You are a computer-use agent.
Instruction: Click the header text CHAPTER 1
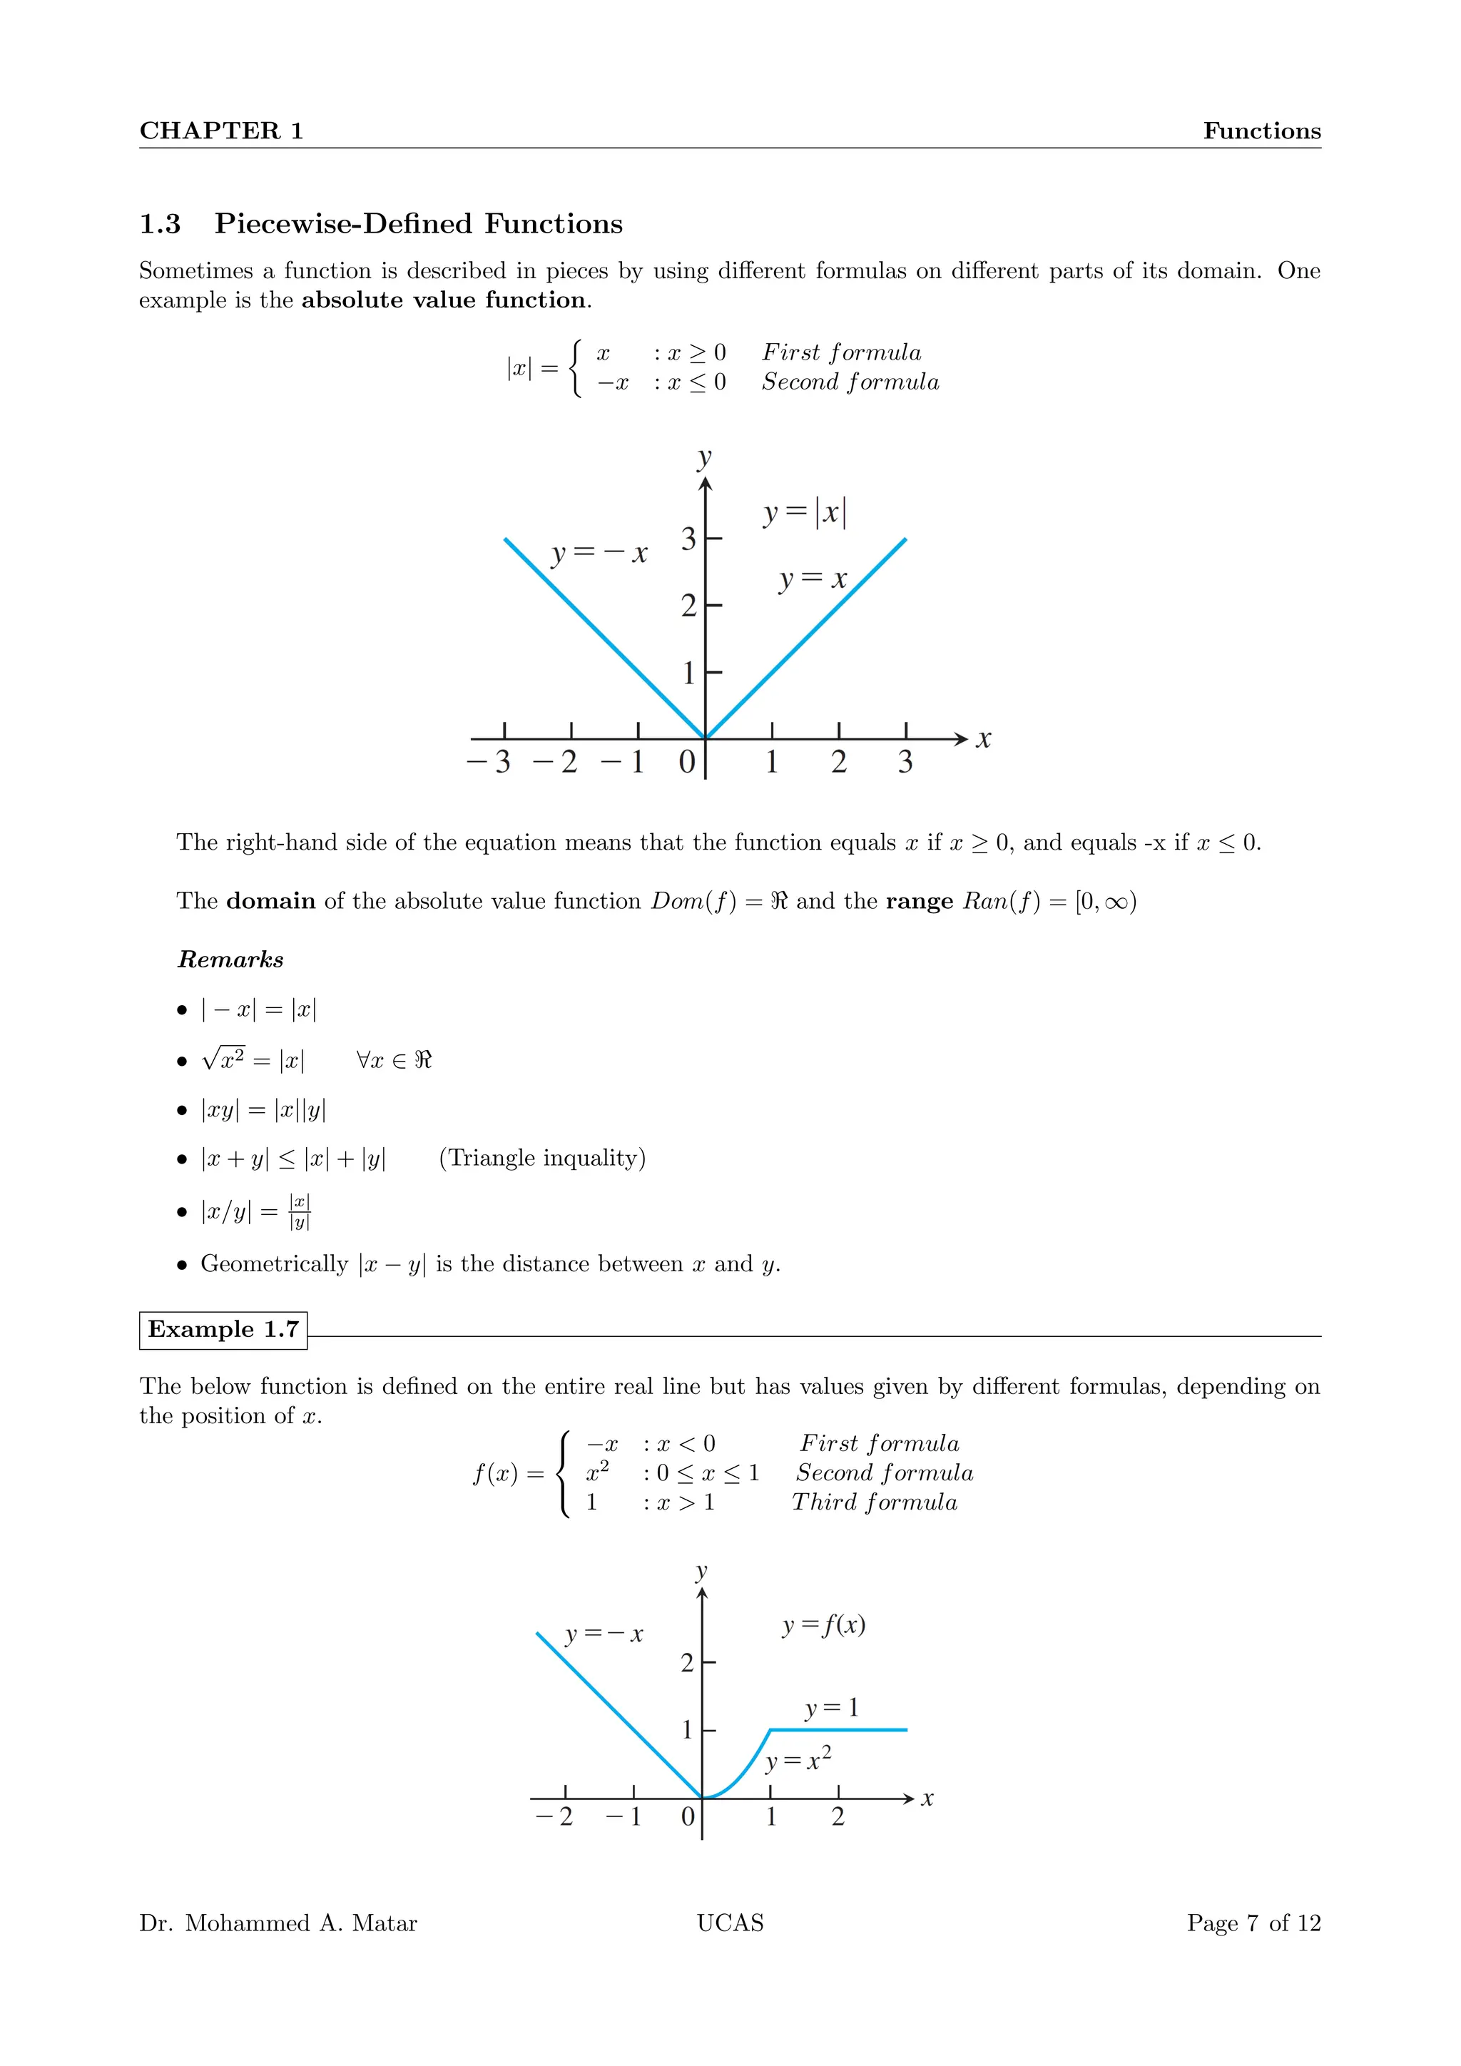pos(221,131)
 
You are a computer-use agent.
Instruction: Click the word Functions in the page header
pos(1261,131)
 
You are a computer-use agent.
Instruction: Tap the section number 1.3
pos(160,224)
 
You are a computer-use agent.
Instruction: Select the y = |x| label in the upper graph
pos(804,513)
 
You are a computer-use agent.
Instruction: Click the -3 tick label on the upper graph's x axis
pos(489,762)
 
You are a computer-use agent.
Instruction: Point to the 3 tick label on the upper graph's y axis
pos(688,539)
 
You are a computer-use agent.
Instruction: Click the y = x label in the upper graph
pos(813,579)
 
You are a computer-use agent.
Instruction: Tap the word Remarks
pos(230,960)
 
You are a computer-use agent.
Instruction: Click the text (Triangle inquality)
pos(541,1158)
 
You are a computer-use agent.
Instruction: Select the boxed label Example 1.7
pos(223,1330)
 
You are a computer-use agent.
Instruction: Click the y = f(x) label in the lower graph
pos(823,1625)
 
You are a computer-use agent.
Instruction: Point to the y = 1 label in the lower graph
pos(831,1708)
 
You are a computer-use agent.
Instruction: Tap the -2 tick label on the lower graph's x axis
pos(554,1817)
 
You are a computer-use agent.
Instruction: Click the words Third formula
pos(875,1502)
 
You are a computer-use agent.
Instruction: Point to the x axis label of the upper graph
pos(983,740)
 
